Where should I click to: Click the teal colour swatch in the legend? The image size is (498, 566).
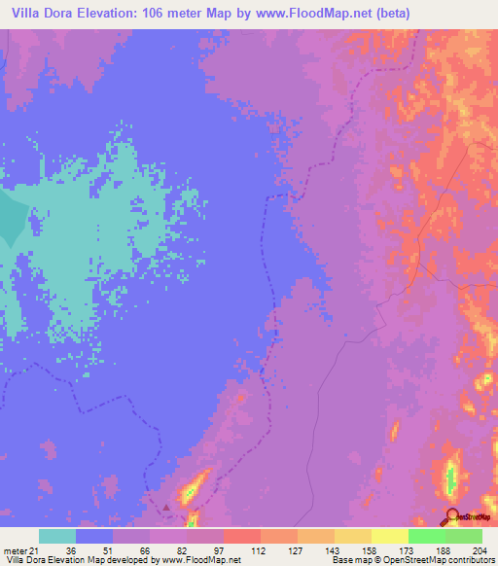[x=57, y=536]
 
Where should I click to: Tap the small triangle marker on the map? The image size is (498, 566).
[x=166, y=506]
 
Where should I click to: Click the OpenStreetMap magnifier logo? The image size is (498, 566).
[x=452, y=516]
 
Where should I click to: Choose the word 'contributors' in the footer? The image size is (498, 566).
[x=471, y=560]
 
